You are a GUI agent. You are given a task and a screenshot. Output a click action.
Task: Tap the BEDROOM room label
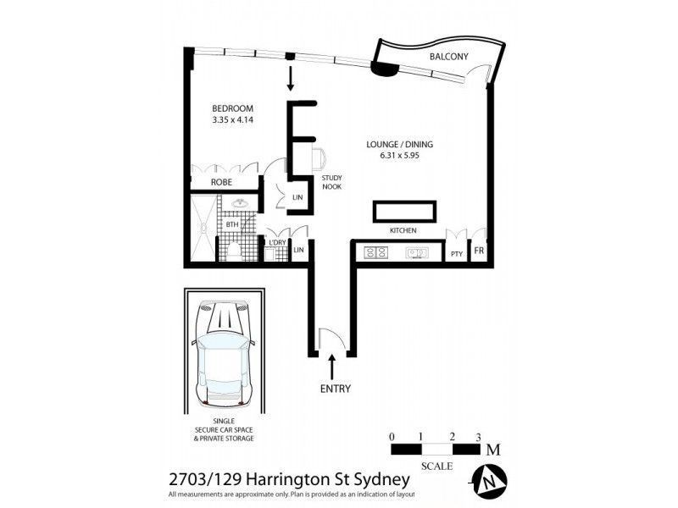(232, 108)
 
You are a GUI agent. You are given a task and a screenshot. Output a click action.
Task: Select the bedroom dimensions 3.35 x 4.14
(232, 120)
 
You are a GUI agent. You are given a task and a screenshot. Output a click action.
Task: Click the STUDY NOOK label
(331, 182)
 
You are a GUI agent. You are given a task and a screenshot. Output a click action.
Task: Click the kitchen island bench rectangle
(404, 211)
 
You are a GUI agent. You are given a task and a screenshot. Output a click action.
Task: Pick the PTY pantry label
(457, 253)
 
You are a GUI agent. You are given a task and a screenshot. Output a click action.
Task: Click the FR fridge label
(479, 252)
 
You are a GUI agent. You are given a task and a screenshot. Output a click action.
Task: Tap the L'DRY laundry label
(276, 242)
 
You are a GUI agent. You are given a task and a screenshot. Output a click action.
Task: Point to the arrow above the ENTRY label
(332, 367)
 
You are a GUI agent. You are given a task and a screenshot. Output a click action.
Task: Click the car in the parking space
(223, 351)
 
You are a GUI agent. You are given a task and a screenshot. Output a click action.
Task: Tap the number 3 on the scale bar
(479, 437)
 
